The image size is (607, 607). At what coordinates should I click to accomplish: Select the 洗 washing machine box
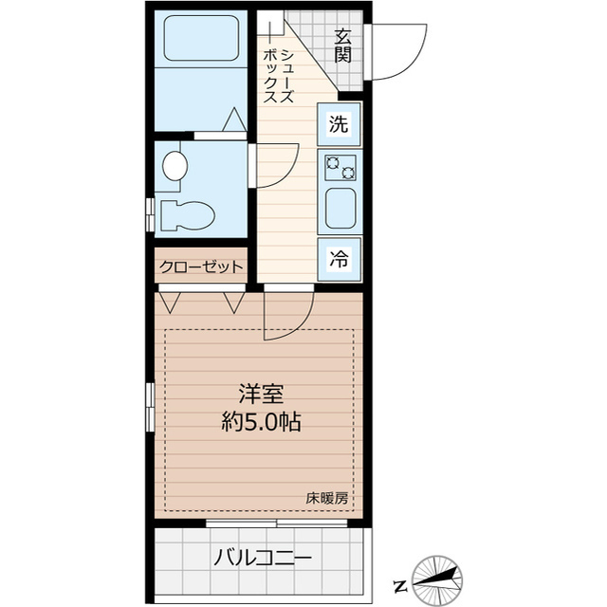pyautogui.click(x=339, y=123)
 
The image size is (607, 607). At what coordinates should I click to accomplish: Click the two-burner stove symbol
pyautogui.click(x=340, y=167)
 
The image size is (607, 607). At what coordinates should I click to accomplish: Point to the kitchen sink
pyautogui.click(x=340, y=209)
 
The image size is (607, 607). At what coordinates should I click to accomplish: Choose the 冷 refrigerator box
pyautogui.click(x=339, y=256)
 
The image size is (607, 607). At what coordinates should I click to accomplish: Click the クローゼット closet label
pyautogui.click(x=200, y=267)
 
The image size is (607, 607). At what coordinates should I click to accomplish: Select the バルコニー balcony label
pyautogui.click(x=261, y=557)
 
